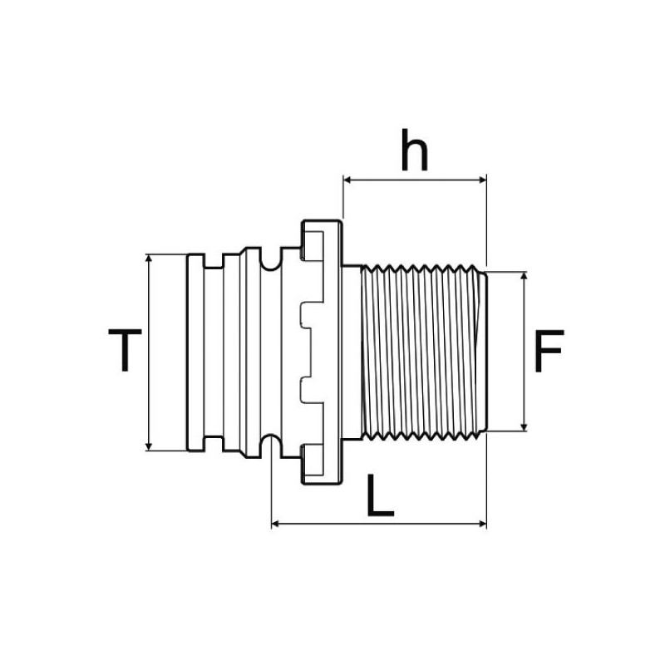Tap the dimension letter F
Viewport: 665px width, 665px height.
coord(549,352)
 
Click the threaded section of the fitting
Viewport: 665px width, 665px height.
coord(420,352)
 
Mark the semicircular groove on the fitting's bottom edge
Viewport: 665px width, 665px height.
coord(269,441)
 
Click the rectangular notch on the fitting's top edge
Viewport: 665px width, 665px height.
coord(215,261)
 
